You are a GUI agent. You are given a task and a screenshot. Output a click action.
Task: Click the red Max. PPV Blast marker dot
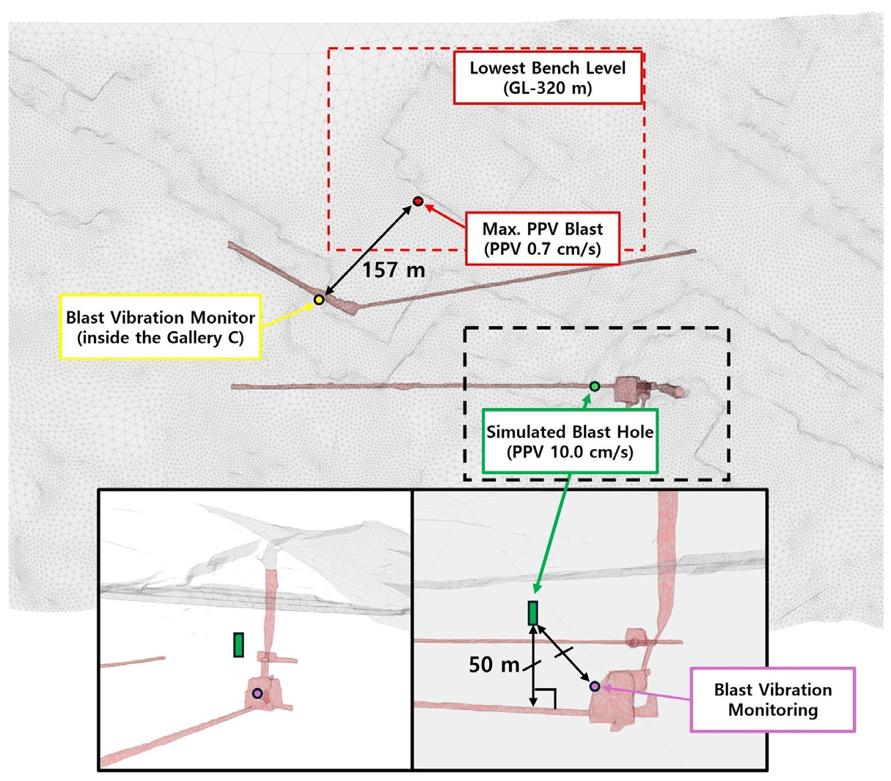tap(418, 201)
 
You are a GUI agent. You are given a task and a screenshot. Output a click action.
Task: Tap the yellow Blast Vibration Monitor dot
tap(319, 300)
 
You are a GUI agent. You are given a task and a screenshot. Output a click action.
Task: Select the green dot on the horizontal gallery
tap(595, 386)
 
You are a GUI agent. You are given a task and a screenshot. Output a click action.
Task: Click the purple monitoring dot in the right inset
tap(595, 686)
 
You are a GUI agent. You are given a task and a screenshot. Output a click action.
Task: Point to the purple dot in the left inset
tap(257, 694)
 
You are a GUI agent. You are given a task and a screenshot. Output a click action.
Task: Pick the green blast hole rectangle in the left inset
tap(238, 645)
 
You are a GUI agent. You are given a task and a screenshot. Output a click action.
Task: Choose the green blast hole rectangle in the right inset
tap(532, 613)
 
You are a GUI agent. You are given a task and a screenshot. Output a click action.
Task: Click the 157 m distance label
tap(394, 270)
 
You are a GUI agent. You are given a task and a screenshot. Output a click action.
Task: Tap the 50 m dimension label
tap(494, 665)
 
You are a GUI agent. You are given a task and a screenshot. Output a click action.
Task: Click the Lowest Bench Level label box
tap(548, 78)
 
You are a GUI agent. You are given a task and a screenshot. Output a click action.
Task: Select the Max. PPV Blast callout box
tap(542, 239)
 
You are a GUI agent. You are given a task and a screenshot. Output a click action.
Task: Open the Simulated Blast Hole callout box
tap(570, 441)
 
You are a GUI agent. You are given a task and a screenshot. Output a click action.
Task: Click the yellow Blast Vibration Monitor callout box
tap(161, 327)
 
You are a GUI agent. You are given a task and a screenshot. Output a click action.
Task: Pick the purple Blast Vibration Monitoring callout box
tap(773, 700)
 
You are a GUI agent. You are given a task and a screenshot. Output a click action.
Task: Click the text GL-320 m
tap(548, 89)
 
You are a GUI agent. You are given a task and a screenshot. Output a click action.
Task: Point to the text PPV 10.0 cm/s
tap(570, 452)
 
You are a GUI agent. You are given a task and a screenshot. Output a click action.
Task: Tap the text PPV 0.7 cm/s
tap(542, 249)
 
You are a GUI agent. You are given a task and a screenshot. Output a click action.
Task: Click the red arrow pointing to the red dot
tap(444, 216)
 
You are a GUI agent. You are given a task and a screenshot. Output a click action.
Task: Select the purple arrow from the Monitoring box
tap(645, 692)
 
